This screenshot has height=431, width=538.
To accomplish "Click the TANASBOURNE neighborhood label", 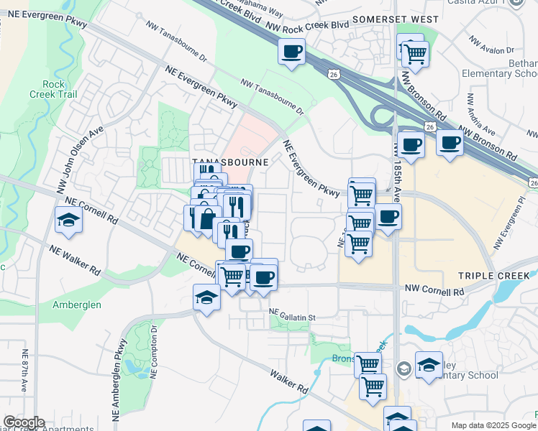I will tap(229, 162).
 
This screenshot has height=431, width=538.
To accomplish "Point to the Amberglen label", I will tap(76, 305).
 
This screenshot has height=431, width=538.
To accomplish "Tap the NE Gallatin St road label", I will tap(293, 311).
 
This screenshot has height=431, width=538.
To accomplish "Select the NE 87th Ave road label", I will tap(24, 370).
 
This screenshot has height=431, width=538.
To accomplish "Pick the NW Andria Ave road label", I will tap(481, 114).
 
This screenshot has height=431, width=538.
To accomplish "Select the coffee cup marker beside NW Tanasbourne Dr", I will tap(291, 52).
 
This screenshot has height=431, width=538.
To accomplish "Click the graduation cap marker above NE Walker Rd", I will tap(69, 221).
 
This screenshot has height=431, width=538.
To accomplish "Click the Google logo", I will tap(23, 422).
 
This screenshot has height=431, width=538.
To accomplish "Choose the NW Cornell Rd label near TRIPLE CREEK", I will tap(434, 292).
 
